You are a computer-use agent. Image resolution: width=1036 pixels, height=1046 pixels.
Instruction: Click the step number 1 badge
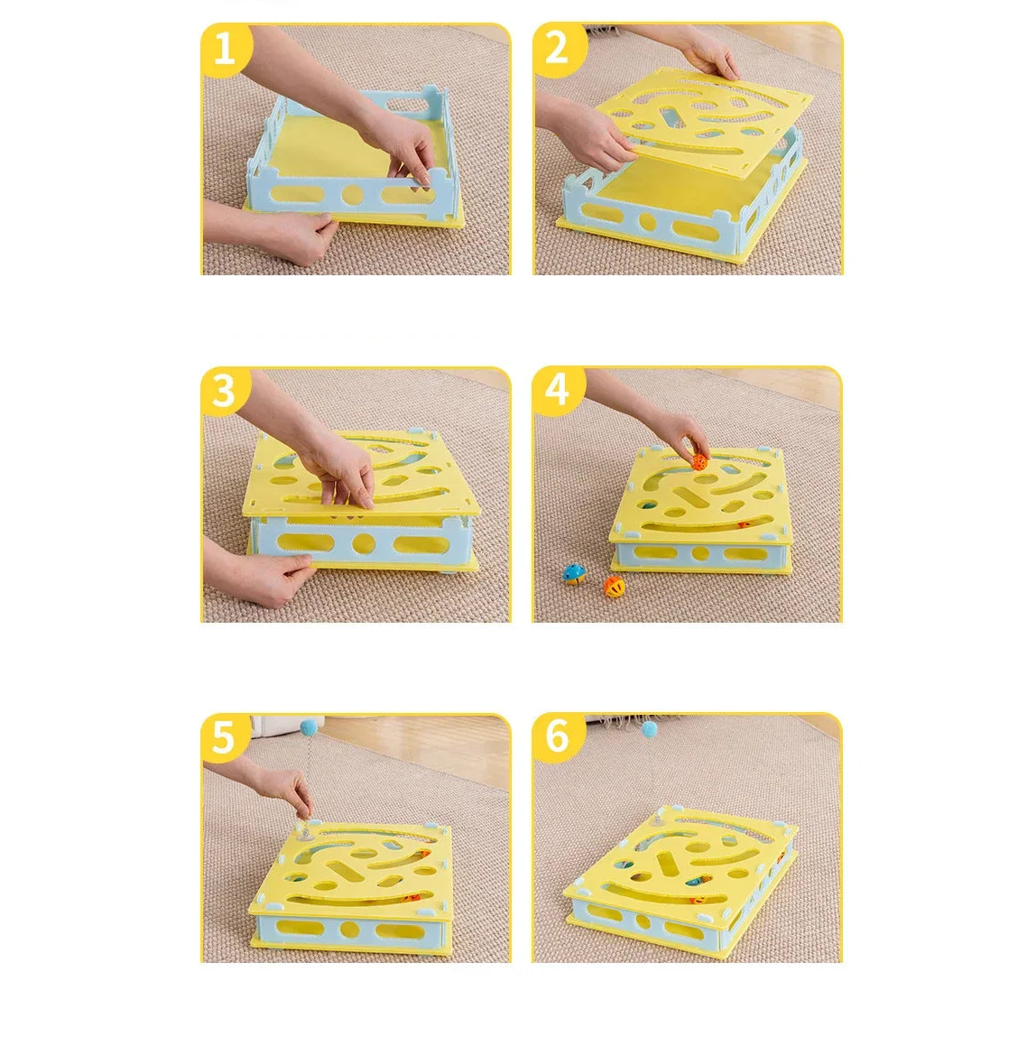[225, 50]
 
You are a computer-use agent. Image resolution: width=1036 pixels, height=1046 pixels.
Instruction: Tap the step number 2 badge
[558, 48]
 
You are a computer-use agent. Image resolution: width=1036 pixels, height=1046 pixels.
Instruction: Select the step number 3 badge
[224, 390]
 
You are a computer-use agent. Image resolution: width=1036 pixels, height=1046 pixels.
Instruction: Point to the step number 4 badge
[557, 390]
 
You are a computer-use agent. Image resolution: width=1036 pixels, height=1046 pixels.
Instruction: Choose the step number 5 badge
[224, 738]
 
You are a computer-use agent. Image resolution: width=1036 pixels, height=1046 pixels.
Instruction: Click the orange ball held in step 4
[698, 461]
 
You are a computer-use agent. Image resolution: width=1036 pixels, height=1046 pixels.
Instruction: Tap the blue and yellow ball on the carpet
[574, 574]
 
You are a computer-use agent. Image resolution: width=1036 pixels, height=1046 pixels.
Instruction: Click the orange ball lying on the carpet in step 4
[615, 587]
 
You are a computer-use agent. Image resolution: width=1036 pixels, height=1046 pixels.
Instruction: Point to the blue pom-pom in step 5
[309, 727]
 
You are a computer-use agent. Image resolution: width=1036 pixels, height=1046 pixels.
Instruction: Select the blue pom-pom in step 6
[649, 729]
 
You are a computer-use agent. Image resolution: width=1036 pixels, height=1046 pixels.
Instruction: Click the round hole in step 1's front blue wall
[352, 196]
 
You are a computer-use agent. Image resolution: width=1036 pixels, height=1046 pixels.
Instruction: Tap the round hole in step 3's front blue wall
[363, 543]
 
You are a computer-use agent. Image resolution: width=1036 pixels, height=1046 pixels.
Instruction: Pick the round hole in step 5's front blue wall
[349, 930]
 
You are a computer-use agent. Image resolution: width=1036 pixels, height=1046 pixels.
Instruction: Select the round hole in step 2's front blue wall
[647, 221]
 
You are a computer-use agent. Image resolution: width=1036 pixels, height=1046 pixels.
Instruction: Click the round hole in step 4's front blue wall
[699, 553]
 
